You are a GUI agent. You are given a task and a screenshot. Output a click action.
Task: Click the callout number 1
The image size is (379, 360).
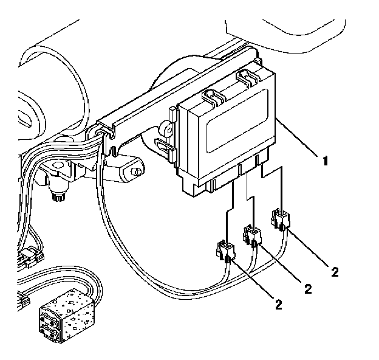click(326, 161)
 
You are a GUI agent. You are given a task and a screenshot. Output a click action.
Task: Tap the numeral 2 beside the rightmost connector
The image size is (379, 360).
click(335, 272)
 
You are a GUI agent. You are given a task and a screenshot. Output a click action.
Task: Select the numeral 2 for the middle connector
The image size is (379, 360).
click(308, 289)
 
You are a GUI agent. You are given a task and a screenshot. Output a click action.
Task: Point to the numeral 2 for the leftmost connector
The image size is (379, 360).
click(278, 305)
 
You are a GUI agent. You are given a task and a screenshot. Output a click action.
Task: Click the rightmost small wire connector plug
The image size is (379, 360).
click(280, 219)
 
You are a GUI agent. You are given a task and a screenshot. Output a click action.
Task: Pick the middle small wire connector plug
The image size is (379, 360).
click(252, 235)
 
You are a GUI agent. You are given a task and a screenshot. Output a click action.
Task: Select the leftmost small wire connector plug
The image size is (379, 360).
click(225, 252)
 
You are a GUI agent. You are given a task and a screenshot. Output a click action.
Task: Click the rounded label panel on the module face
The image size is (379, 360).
click(237, 120)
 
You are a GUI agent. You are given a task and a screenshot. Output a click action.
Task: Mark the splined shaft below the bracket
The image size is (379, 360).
click(58, 193)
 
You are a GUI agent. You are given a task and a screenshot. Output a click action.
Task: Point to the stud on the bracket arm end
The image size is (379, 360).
click(137, 171)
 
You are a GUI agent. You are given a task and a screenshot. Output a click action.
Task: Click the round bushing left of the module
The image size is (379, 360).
click(167, 131)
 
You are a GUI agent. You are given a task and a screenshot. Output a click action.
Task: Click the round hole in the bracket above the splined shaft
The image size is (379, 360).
click(59, 165)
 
